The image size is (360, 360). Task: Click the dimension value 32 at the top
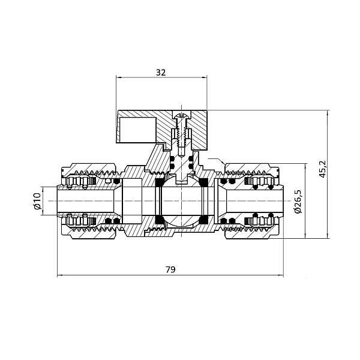[160, 72]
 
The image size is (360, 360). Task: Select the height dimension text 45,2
[322, 170]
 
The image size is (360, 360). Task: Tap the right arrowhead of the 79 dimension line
[280, 276]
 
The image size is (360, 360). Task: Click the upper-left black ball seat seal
[160, 184]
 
